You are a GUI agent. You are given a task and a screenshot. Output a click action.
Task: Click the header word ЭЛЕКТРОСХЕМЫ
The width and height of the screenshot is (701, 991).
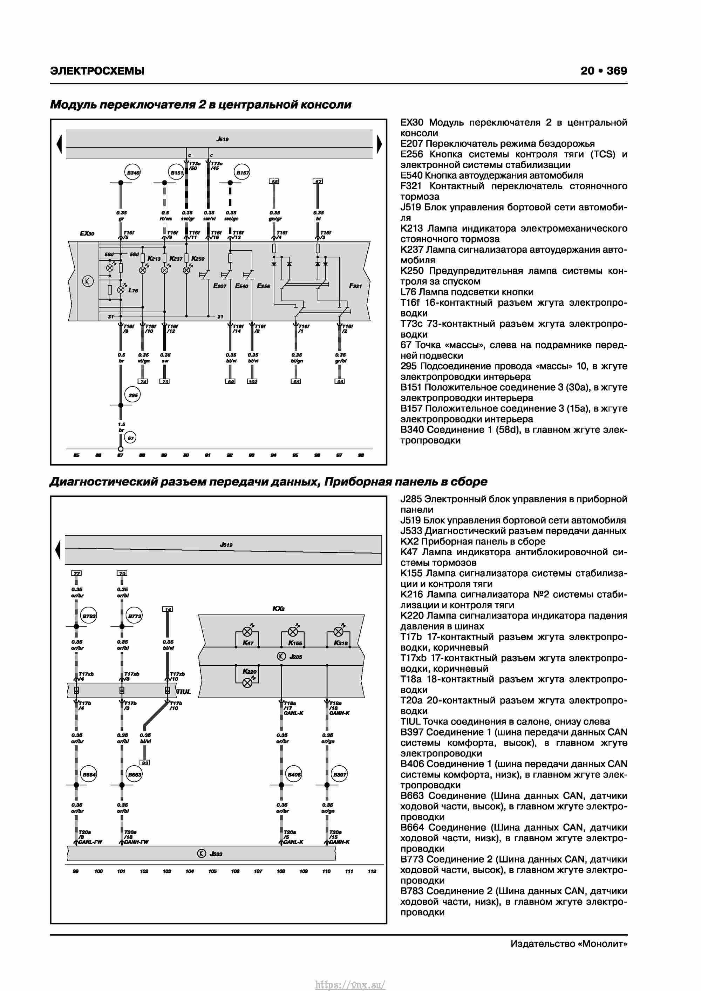[x=97, y=71]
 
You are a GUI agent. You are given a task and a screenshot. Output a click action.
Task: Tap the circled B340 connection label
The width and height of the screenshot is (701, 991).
[x=132, y=173]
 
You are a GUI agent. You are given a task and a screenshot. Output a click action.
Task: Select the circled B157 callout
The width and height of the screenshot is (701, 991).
[x=242, y=173]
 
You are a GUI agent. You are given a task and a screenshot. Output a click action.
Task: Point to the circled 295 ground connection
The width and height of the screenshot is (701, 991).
[x=132, y=395]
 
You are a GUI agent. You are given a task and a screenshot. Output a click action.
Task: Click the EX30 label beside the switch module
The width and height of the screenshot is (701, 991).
[x=87, y=233]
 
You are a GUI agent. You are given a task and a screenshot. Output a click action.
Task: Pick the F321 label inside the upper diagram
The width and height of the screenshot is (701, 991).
[x=355, y=286]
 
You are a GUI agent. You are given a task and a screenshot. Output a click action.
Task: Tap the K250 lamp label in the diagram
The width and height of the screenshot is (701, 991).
[x=198, y=259]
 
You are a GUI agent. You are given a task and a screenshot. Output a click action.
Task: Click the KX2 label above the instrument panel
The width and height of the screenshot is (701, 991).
[x=278, y=609]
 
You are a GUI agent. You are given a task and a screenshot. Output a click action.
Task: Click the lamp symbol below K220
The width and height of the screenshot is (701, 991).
[x=247, y=683]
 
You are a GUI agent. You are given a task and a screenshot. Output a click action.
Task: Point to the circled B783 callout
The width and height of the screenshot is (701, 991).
[x=89, y=616]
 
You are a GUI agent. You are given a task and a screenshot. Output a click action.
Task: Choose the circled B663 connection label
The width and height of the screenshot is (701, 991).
[x=135, y=774]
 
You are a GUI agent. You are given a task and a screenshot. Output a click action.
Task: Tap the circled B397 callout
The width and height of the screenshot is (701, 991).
[x=340, y=774]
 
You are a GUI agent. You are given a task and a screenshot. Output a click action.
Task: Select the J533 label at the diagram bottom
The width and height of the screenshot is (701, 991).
[x=216, y=854]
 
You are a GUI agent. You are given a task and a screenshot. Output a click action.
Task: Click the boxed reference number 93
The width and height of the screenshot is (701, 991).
[x=145, y=763]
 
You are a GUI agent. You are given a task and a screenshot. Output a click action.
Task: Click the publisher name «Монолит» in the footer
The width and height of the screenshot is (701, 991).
[x=602, y=944]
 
